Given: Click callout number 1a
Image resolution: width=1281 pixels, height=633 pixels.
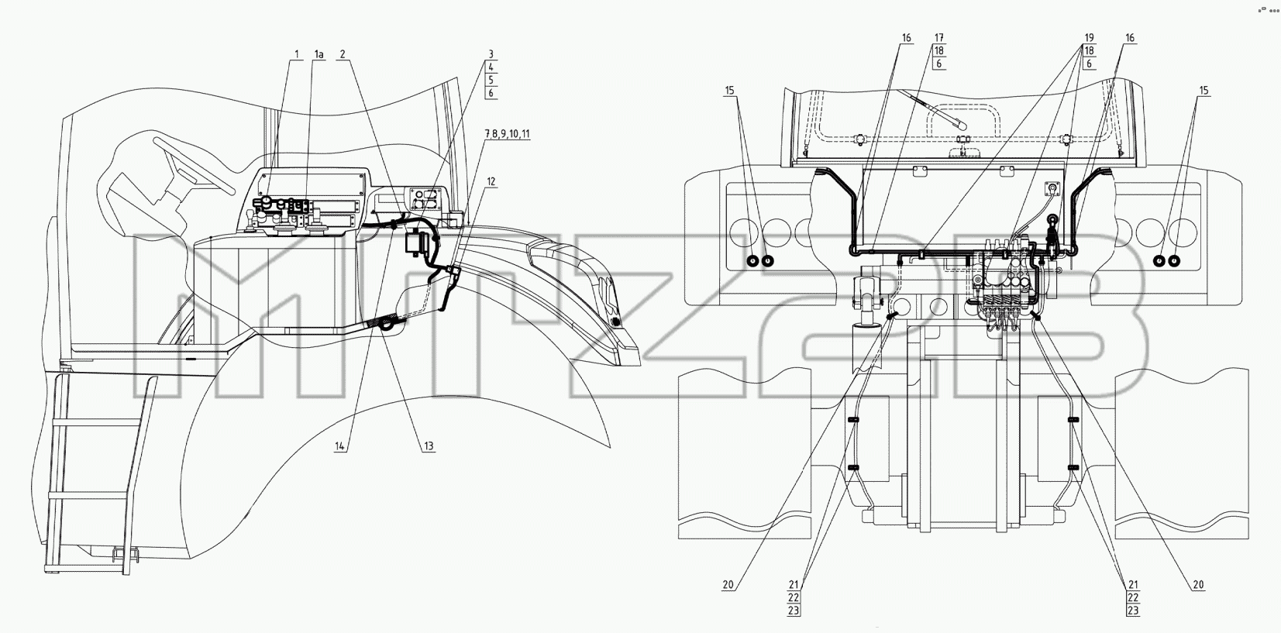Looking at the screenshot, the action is [319, 54].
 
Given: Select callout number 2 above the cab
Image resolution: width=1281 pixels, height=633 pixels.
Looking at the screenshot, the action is [343, 54].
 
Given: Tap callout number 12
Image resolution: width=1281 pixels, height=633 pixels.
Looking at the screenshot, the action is [491, 182].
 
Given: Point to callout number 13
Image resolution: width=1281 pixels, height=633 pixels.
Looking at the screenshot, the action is [429, 446].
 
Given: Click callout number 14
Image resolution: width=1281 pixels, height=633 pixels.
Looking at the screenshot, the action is [340, 446].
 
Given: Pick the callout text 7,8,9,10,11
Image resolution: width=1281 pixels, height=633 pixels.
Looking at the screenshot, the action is [508, 134].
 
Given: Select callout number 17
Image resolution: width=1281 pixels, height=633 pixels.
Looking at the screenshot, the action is [939, 38].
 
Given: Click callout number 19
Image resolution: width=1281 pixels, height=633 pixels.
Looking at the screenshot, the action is [1090, 38].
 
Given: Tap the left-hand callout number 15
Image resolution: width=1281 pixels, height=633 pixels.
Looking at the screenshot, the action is [729, 91].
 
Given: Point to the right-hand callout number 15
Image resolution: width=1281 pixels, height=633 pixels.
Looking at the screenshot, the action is [1204, 91].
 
